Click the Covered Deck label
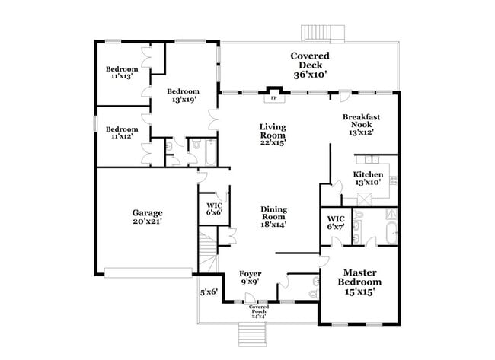310,65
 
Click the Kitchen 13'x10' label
368,178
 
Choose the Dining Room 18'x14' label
273,217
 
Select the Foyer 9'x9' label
251,277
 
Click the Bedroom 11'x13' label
122,72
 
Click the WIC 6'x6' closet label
214,209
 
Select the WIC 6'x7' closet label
336,222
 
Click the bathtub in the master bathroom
391,232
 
